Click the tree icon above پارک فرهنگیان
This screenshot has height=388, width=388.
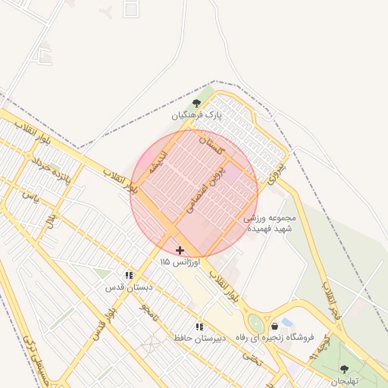[x=196, y=104]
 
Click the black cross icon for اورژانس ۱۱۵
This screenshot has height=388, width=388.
[x=180, y=249]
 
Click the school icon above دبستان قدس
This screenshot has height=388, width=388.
[x=130, y=276]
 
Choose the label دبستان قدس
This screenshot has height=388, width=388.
[x=129, y=288]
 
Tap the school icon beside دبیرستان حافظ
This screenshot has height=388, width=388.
[x=199, y=327]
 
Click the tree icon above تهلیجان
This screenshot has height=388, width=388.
[x=344, y=369]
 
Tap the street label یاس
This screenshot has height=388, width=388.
[x=30, y=196]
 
